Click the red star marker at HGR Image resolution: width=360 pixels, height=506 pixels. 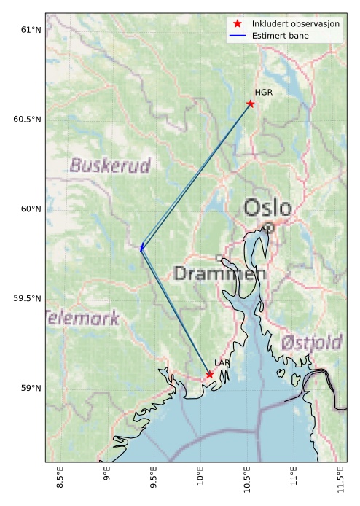click(x=251, y=104)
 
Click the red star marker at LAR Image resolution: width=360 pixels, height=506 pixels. click(x=210, y=374)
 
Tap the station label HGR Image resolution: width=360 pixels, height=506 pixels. click(x=263, y=93)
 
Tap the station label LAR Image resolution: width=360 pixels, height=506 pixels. click(x=222, y=363)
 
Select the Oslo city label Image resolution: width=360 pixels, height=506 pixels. click(x=267, y=209)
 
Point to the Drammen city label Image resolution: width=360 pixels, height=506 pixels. click(x=219, y=274)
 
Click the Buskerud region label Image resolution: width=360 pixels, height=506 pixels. click(x=109, y=166)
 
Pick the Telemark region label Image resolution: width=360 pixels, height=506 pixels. click(x=82, y=318)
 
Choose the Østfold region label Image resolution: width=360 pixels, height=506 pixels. click(x=312, y=342)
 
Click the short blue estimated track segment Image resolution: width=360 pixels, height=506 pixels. click(x=141, y=248)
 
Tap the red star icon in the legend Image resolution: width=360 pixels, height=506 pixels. click(x=238, y=24)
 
